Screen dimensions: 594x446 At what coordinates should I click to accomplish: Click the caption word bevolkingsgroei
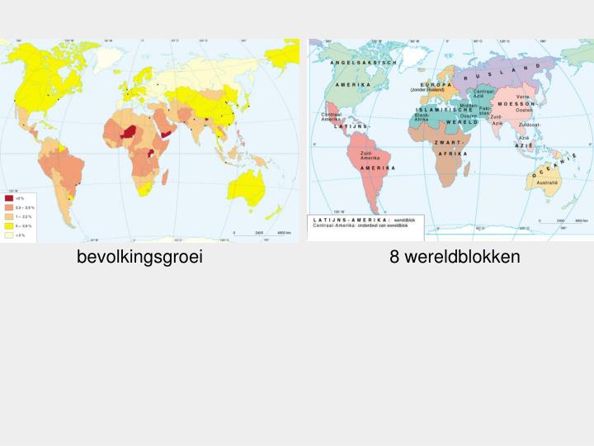139,257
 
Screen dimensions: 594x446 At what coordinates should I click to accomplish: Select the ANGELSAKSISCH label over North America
364,63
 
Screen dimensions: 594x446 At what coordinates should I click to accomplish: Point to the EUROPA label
435,84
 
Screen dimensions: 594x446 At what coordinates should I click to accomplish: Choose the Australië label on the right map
547,181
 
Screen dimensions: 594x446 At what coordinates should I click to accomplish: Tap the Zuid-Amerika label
368,155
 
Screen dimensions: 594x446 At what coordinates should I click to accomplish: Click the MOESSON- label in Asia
517,104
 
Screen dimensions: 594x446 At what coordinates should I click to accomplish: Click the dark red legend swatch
9,198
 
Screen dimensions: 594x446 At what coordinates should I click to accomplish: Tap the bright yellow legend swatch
9,225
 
